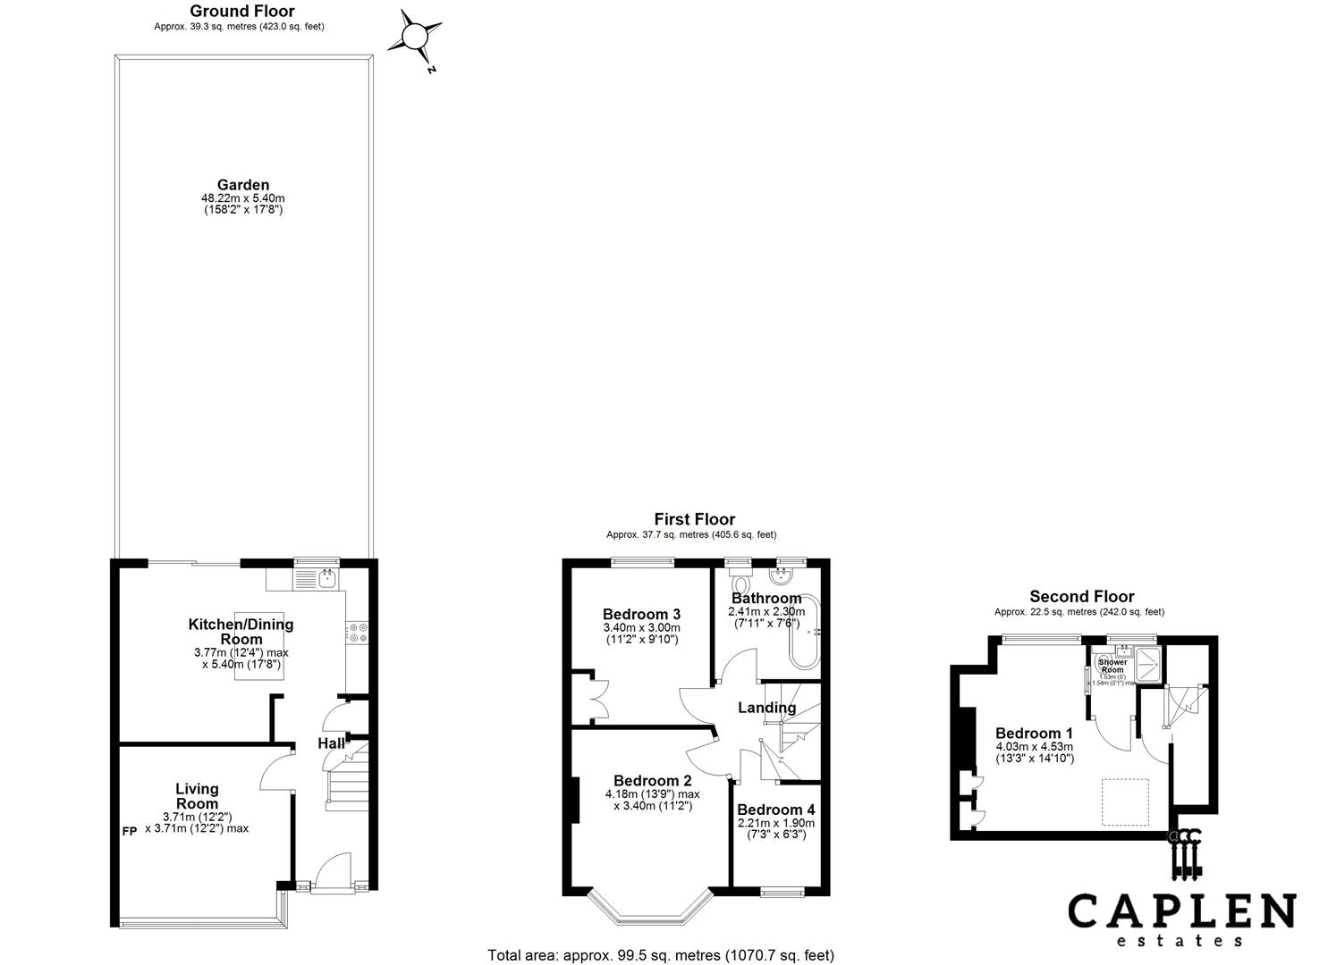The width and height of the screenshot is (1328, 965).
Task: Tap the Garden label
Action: (242, 185)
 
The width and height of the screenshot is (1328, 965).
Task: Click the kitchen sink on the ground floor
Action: (327, 579)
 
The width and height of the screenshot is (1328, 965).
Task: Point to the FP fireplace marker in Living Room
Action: (130, 830)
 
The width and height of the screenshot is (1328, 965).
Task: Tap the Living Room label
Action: (197, 796)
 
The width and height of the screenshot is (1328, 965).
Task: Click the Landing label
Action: (766, 708)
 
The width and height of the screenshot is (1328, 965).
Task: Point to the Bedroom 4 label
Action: (775, 810)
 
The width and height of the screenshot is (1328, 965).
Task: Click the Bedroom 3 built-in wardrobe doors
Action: (594, 698)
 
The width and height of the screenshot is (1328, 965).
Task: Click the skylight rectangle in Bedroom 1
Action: (1125, 801)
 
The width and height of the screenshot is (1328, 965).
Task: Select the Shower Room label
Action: (1112, 666)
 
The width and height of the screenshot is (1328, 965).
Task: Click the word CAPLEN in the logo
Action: (1181, 912)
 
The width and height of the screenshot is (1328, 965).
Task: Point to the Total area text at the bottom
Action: (660, 954)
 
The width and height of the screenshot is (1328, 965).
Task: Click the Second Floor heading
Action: (1081, 596)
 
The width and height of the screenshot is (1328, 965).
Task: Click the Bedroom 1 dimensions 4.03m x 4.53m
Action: (1034, 747)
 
